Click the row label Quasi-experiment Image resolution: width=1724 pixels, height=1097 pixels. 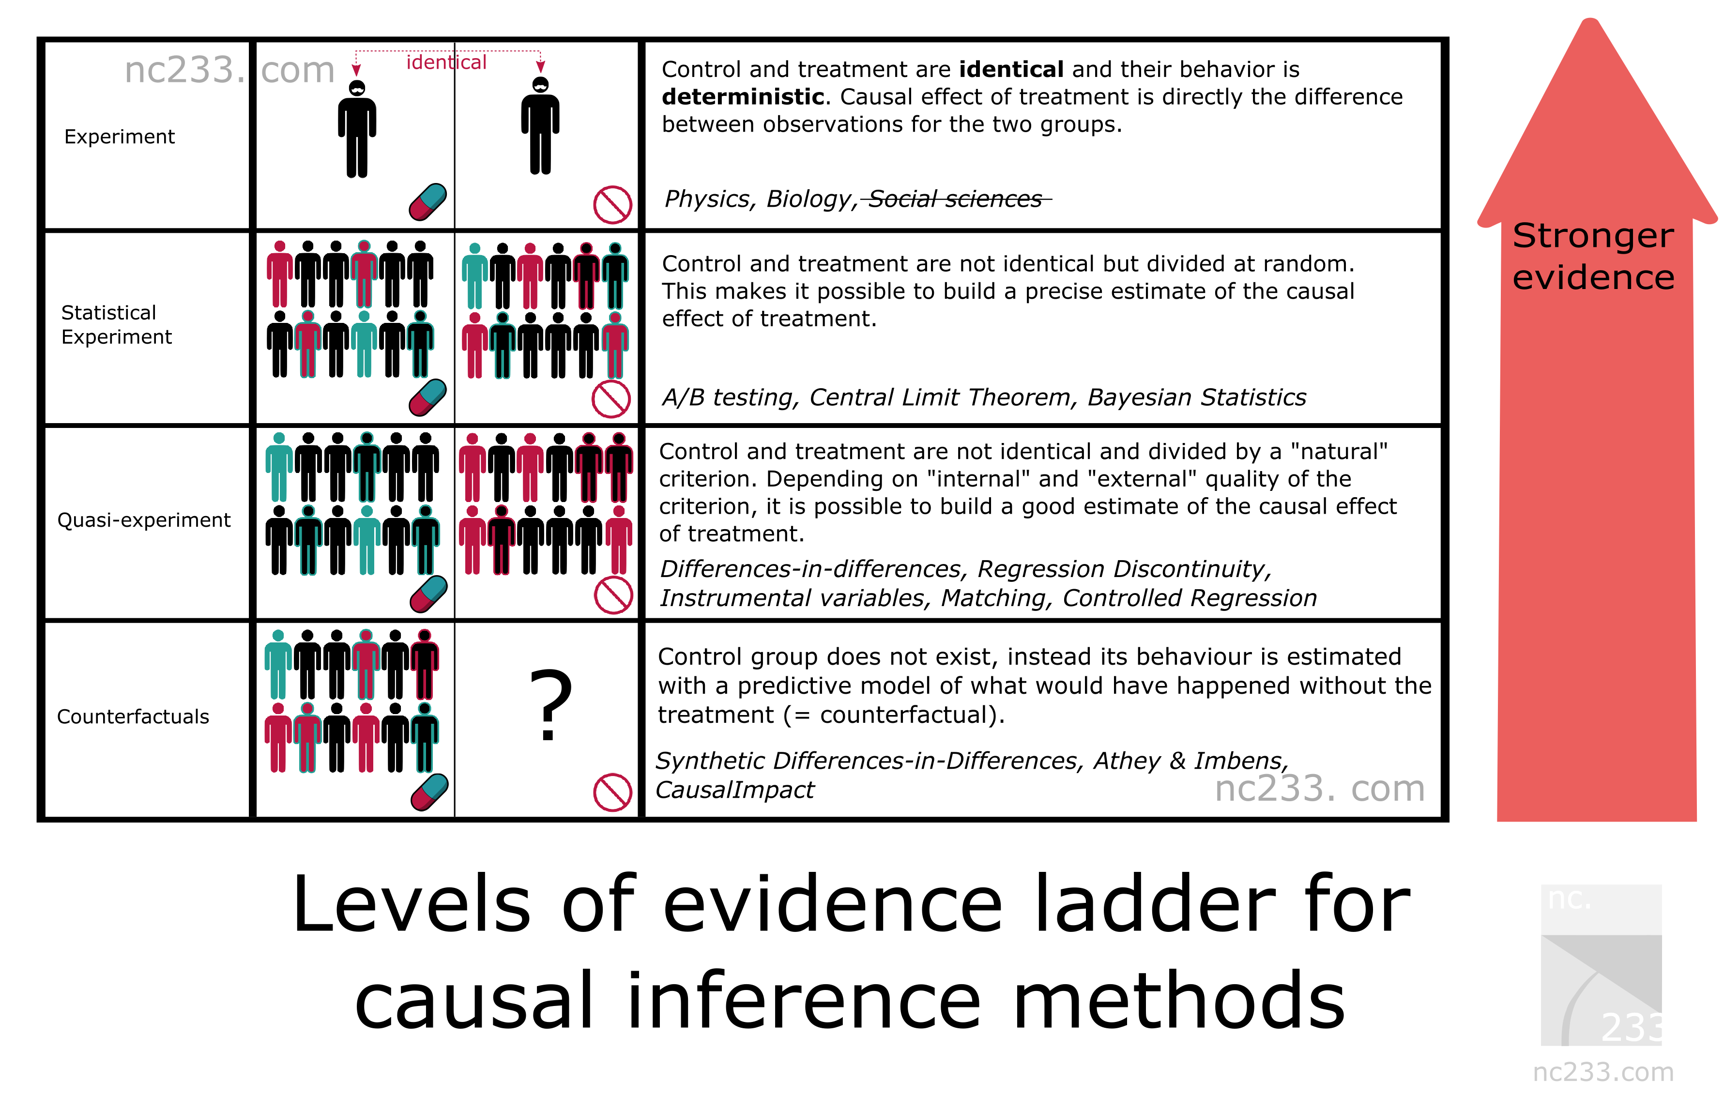tap(144, 520)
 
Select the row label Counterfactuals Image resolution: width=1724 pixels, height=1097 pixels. tap(133, 717)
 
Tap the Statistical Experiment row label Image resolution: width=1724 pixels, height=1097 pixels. tap(117, 324)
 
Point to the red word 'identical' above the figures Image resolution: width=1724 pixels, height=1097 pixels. tap(447, 62)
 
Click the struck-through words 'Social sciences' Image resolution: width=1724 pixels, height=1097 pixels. tap(955, 198)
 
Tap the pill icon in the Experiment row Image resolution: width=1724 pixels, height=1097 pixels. tap(427, 201)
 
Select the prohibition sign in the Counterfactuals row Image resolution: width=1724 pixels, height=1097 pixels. tap(613, 792)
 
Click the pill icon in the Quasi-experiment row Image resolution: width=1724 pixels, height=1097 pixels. tap(429, 594)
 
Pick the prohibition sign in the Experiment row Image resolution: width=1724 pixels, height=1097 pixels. tap(613, 205)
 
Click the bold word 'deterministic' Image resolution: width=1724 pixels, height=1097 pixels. tap(743, 97)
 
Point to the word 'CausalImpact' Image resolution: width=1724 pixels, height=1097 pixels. tap(735, 790)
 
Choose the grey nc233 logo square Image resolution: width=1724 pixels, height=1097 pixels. tap(1602, 965)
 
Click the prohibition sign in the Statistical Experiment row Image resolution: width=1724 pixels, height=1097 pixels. tap(611, 399)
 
